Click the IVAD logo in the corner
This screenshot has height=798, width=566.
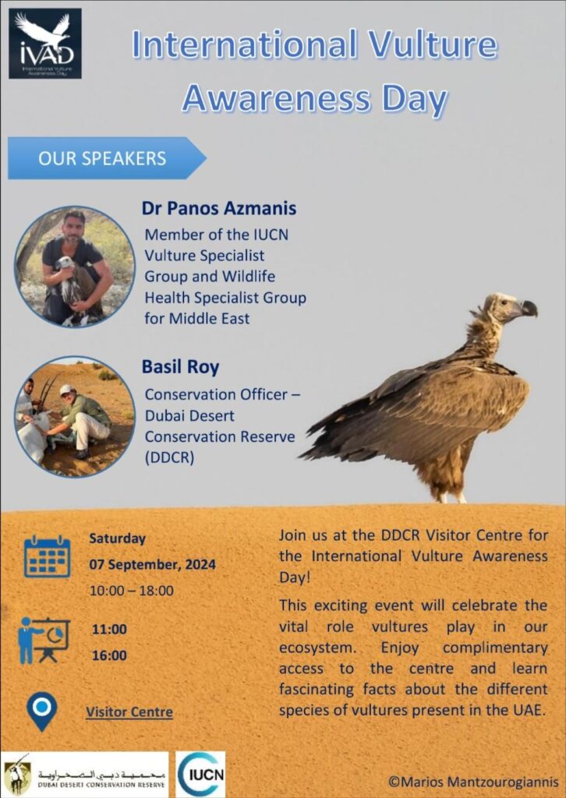click(x=44, y=44)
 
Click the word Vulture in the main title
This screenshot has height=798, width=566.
click(x=432, y=44)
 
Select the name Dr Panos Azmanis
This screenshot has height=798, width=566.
click(x=219, y=208)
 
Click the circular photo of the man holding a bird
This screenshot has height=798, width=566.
click(x=75, y=267)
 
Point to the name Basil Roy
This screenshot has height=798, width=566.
click(x=180, y=367)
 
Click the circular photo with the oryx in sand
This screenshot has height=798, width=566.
click(x=75, y=416)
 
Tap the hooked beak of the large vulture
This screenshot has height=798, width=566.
click(x=529, y=309)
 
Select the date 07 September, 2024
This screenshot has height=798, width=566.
click(x=152, y=564)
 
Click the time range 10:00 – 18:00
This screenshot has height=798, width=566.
click(x=131, y=591)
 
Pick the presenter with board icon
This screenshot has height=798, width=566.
click(x=43, y=641)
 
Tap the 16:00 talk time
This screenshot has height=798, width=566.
click(x=109, y=655)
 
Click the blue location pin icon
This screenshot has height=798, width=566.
click(x=42, y=711)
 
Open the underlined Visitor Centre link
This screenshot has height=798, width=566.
click(x=129, y=711)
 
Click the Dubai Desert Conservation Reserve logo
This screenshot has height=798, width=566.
click(x=84, y=774)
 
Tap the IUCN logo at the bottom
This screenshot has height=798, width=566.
click(x=200, y=774)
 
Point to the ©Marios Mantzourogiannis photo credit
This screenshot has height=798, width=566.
click(x=473, y=782)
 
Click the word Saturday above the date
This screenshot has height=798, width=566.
click(x=117, y=538)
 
